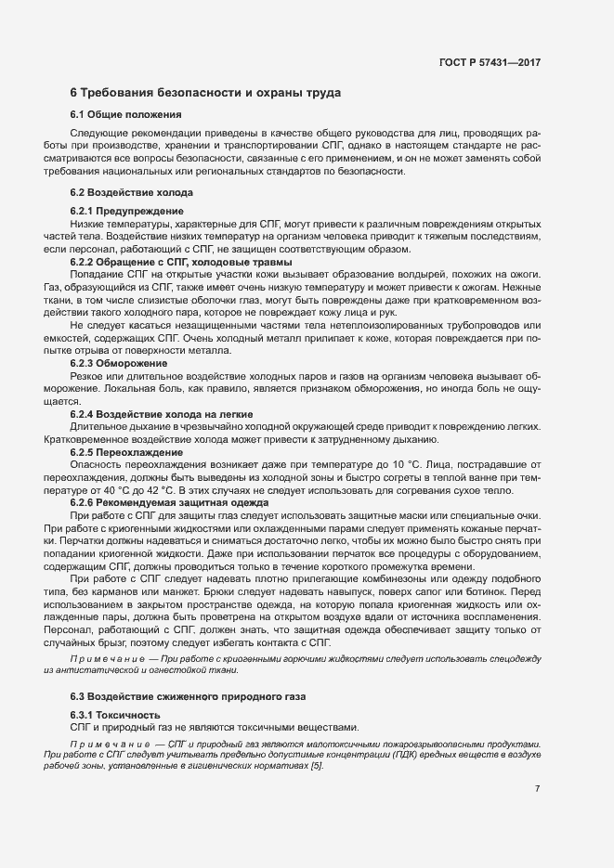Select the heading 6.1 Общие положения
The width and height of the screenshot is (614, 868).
tap(125, 114)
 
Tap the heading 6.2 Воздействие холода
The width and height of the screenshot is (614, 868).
tap(131, 192)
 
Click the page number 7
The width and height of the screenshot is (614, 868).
tap(537, 789)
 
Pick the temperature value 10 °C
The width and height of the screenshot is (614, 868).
tap(413, 463)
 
